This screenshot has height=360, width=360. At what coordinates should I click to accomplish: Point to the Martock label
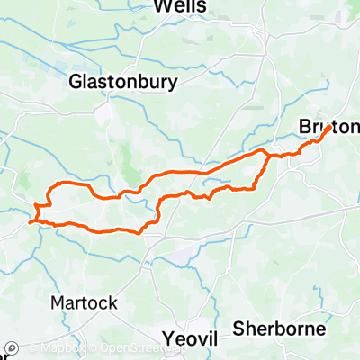click(85, 302)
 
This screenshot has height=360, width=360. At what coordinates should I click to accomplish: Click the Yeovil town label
click(193, 337)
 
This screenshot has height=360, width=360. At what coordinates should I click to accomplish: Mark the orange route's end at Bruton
click(331, 125)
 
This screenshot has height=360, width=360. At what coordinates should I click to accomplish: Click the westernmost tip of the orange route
click(30, 220)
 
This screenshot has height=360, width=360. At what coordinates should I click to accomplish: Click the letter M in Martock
click(58, 302)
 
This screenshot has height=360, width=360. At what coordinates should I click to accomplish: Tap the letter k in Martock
click(112, 302)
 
